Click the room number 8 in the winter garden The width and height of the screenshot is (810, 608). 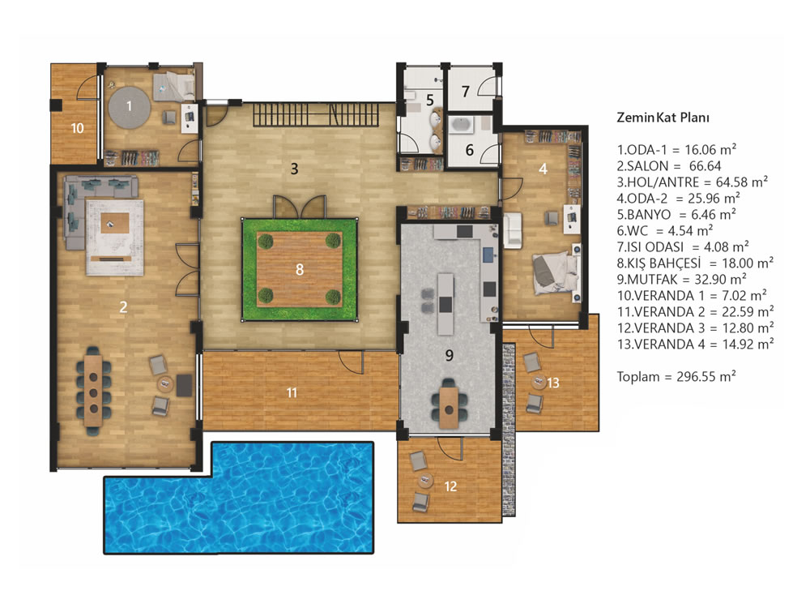coord(300,269)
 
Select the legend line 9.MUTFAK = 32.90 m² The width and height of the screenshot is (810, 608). coord(681,279)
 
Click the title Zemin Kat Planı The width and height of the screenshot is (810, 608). coord(663,118)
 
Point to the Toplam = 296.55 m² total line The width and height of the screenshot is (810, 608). coord(676,376)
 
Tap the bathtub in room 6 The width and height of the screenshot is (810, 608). coord(462,124)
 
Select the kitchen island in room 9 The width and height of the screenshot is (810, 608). coord(446,304)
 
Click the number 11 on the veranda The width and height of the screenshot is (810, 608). coord(292,393)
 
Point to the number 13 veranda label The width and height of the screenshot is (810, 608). coord(552,383)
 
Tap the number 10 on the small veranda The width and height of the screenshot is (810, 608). coord(78,128)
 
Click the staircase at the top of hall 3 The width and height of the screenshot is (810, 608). coord(317,114)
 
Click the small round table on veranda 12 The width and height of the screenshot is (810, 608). coord(425,480)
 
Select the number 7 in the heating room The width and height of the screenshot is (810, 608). coord(466,92)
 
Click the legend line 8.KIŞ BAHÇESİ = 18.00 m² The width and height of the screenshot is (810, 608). coord(695,263)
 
